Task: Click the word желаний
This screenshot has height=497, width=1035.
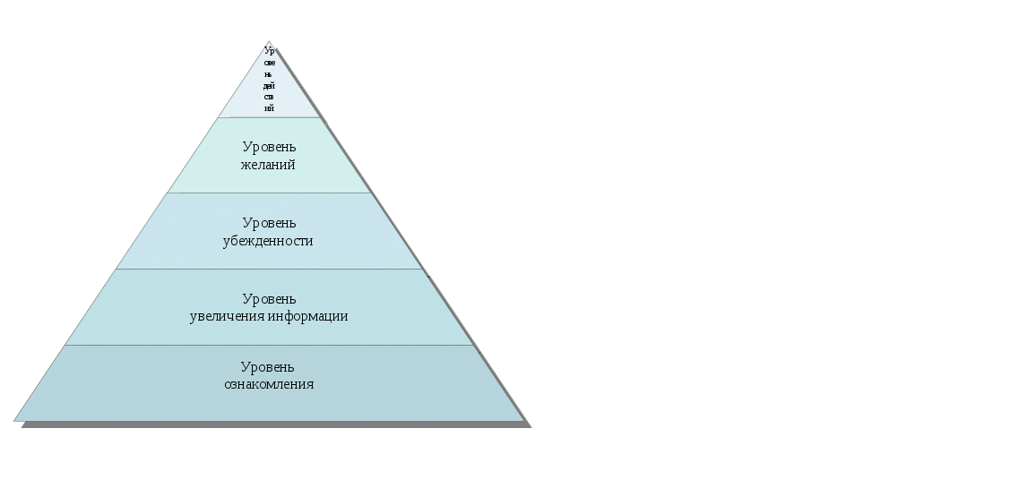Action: (x=269, y=165)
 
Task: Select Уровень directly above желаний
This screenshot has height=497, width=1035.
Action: (x=269, y=147)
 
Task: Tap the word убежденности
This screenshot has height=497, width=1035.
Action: (x=268, y=241)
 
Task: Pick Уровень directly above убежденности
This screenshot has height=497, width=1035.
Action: (x=269, y=223)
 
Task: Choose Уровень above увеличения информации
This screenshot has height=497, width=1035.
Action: (x=269, y=299)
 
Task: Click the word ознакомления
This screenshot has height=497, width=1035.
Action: (x=269, y=384)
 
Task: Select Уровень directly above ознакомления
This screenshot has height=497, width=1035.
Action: (x=268, y=367)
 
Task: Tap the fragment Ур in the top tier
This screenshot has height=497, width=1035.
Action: (x=269, y=51)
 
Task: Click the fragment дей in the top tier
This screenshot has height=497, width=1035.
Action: (x=269, y=85)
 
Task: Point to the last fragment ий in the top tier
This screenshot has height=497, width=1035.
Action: (x=269, y=107)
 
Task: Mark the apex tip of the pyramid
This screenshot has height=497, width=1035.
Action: (x=269, y=41)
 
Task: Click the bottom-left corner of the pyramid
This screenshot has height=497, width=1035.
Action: (x=15, y=419)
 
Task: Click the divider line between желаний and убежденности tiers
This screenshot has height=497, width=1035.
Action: (x=269, y=193)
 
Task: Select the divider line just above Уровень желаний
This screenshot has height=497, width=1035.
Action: (x=269, y=117)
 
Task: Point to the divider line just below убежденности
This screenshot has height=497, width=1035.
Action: (x=269, y=269)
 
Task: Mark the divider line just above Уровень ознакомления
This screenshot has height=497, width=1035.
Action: (x=269, y=345)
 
